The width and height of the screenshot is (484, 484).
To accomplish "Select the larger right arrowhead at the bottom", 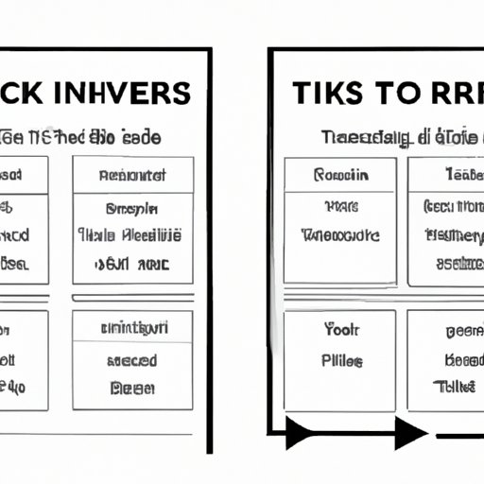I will (409, 435).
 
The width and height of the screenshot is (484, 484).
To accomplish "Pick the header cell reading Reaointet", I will (132, 175).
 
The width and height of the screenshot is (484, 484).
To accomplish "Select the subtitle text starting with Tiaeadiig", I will (364, 136).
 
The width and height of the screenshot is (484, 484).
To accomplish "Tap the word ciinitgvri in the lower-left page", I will (132, 329).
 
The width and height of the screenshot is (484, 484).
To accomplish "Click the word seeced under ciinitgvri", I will (132, 360).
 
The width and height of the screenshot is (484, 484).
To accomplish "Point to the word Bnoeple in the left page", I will (132, 210).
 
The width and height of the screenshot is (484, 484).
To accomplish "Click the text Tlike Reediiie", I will (132, 235).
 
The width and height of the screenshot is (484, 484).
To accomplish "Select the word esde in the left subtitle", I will (143, 137).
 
